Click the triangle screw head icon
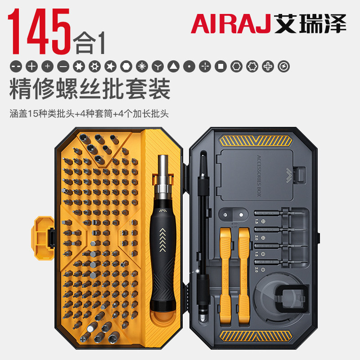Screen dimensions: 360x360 173,67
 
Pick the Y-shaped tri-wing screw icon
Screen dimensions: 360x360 157,67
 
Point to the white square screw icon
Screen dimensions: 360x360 220,67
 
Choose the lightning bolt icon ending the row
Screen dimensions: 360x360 283,67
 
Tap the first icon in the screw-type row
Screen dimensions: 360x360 15,67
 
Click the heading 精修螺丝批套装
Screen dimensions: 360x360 90,89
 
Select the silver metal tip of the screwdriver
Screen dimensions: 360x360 163,171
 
